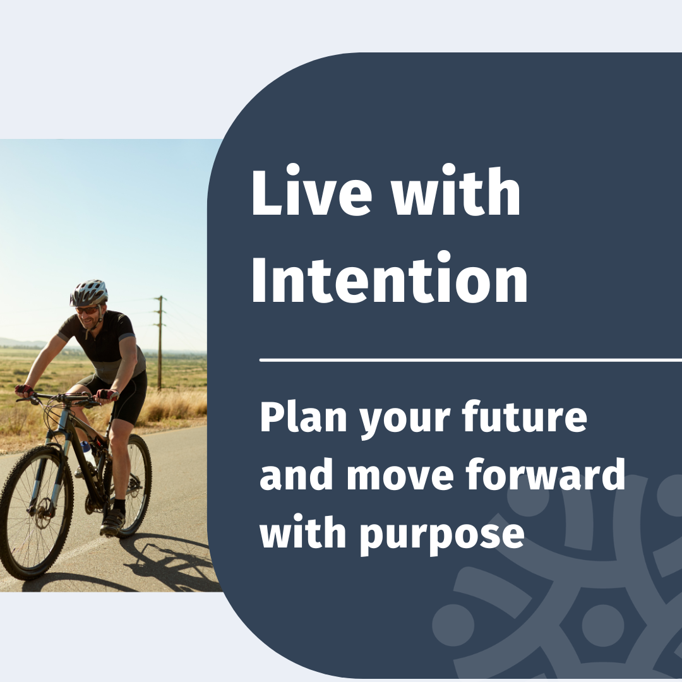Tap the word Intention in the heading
pyautogui.click(x=390, y=277)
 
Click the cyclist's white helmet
pyautogui.click(x=89, y=292)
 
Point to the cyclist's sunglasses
pyautogui.click(x=87, y=311)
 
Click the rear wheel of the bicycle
pyautogui.click(x=131, y=485)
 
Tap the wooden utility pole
pyautogui.click(x=160, y=344)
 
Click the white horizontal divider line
pyautogui.click(x=470, y=360)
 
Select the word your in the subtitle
pyautogui.click(x=405, y=419)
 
